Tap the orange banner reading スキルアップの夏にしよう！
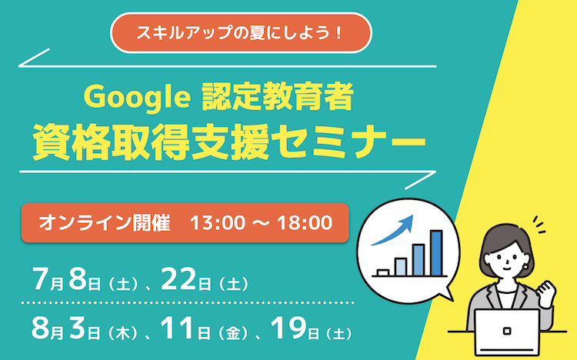pos(241,33)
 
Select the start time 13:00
pos(218,223)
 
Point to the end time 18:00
pos(305,223)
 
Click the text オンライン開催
pos(105,223)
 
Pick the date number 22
pos(178,279)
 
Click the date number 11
pos(177,328)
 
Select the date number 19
pos(288,328)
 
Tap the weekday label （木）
pos(122,334)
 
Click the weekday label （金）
pos(233,334)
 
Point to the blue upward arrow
pos(392,230)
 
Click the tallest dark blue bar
pos(436,253)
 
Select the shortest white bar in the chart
pos(383,273)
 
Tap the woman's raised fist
pos(545,290)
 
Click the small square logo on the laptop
pos(507,331)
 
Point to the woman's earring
pos(527,265)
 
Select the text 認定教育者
pos(278,97)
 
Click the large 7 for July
pos(41,279)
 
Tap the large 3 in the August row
pos(77,328)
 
